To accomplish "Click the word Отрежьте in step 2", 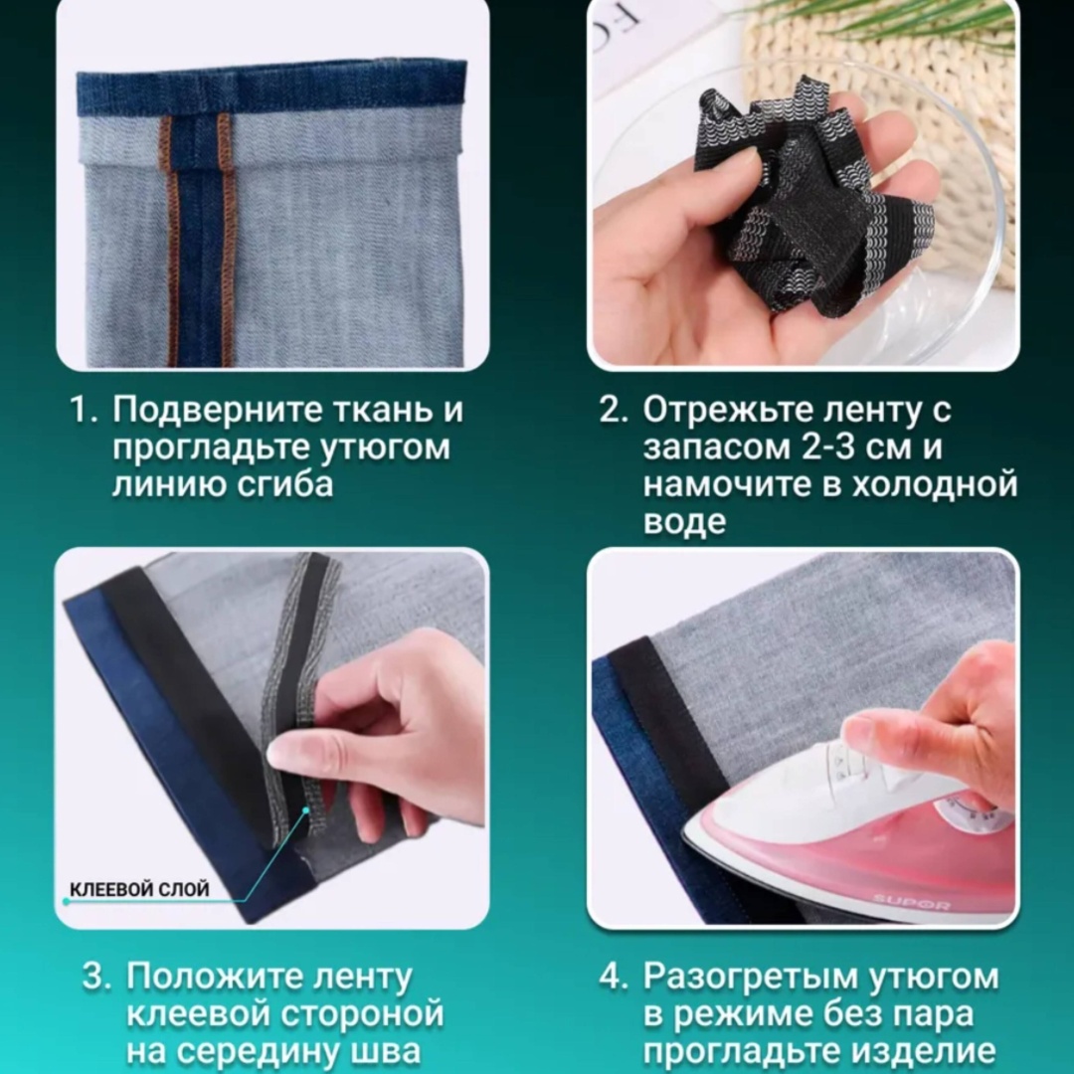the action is (728, 410).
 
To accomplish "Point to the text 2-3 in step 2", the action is (827, 447).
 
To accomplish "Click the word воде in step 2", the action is (684, 521).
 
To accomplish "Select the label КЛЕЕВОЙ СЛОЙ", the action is (139, 890).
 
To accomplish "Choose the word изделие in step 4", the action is (921, 1051).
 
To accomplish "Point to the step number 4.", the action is (613, 978).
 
